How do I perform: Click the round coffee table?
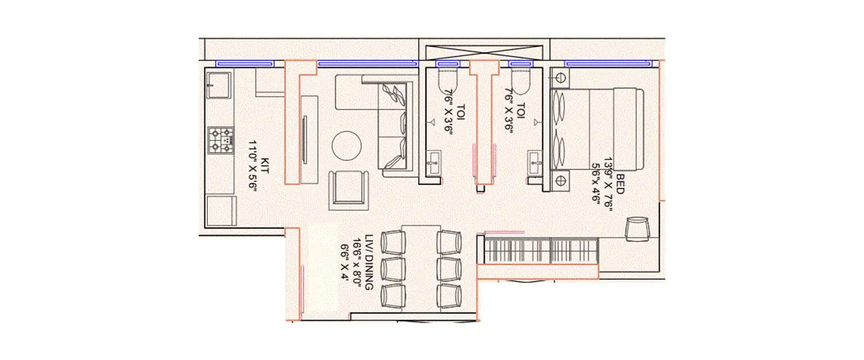tap(347, 145)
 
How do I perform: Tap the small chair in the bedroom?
tap(637, 229)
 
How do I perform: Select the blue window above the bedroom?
tap(608, 63)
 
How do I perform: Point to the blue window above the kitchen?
tap(245, 63)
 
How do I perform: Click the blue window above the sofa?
tap(367, 63)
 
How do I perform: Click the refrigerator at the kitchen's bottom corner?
tap(221, 210)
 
